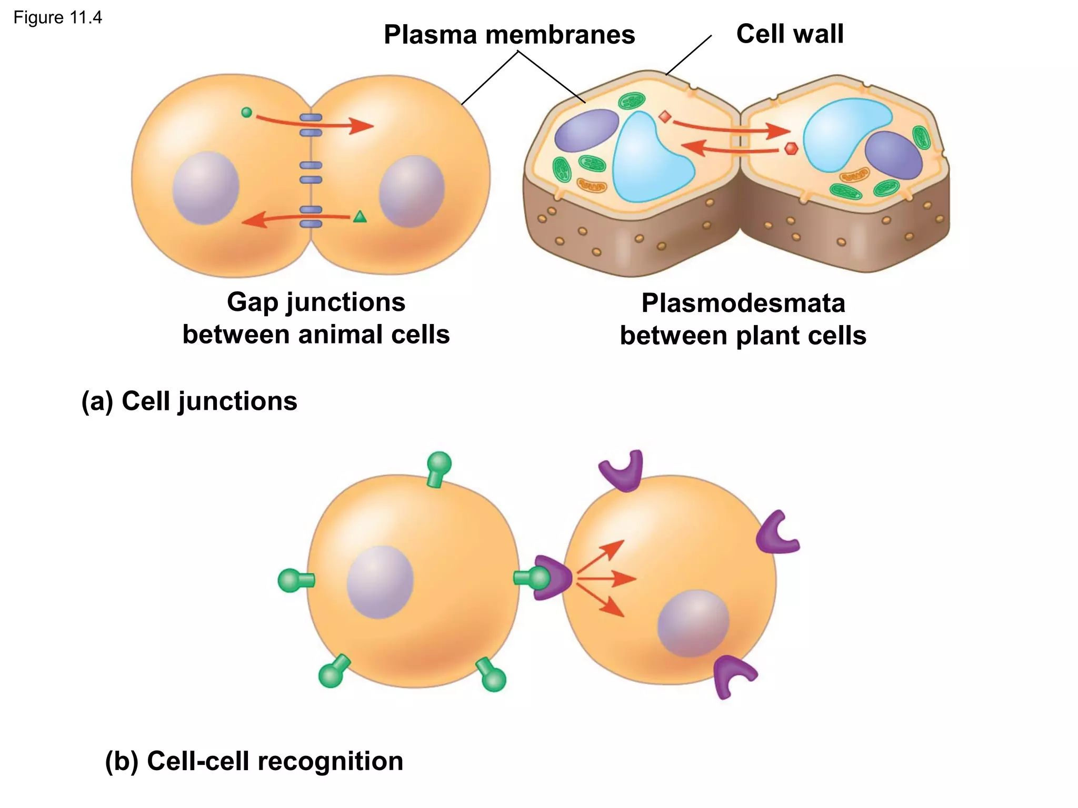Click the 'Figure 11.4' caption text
[57, 18]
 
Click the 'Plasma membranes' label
[509, 35]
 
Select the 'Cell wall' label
[790, 34]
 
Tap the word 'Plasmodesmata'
[743, 304]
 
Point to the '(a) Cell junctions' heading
[189, 401]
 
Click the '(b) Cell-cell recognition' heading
[254, 761]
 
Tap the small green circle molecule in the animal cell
[246, 112]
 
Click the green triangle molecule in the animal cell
[360, 217]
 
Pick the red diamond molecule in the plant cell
[665, 117]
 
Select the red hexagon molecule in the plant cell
[791, 149]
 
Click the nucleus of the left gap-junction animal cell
[206, 188]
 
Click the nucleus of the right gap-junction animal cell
[412, 191]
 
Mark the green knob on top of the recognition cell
[439, 464]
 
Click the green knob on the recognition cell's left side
[289, 580]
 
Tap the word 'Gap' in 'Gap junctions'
[252, 302]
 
